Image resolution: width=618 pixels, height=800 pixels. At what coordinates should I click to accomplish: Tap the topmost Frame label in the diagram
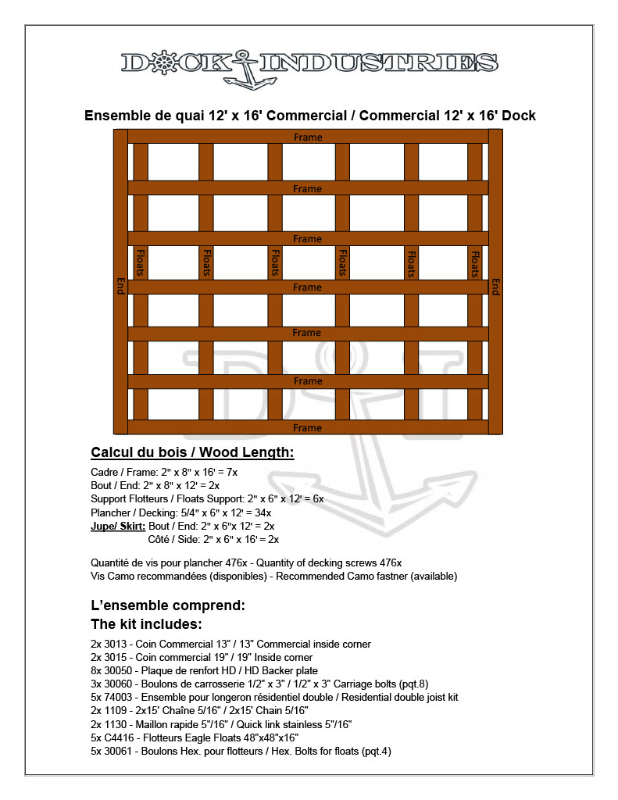click(x=308, y=137)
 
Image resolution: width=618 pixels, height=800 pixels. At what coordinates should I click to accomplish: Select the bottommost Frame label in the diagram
click(x=307, y=428)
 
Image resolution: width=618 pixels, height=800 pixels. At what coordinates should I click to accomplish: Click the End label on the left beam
click(x=120, y=285)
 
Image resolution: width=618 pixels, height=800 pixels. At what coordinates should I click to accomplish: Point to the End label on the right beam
click(x=495, y=285)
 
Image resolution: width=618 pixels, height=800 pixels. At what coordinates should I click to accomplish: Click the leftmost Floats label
click(x=141, y=263)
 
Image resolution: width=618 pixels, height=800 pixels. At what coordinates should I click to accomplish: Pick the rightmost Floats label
click(x=474, y=263)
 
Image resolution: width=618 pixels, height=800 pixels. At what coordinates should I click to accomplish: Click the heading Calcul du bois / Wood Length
click(x=192, y=453)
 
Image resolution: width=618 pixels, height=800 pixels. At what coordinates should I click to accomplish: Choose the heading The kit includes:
click(x=147, y=624)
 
